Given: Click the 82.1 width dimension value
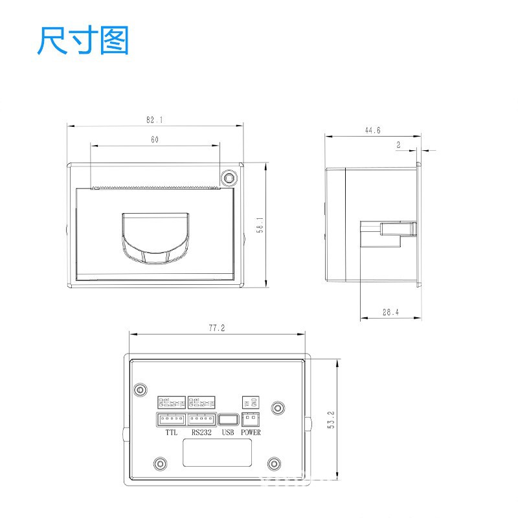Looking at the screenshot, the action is [x=154, y=120].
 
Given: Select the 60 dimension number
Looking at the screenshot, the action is [x=155, y=139].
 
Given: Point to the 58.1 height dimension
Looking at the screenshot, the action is [x=259, y=225].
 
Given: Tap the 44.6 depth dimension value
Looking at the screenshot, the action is [x=372, y=130].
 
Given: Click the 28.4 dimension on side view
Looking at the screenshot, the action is [x=390, y=312].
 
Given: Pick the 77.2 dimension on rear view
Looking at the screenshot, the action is [x=216, y=328].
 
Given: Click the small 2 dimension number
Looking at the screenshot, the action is [x=398, y=146].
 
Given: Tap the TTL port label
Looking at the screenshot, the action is [x=171, y=433].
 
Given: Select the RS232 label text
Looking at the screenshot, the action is [x=201, y=433].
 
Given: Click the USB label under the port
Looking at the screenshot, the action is [x=227, y=433].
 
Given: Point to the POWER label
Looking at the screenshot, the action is [x=251, y=433].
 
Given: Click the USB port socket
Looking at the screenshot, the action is [x=227, y=420].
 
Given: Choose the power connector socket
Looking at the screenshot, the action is [x=250, y=420].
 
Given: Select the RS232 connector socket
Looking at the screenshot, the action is [x=201, y=420].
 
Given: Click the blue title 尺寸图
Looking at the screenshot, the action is [x=83, y=41].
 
